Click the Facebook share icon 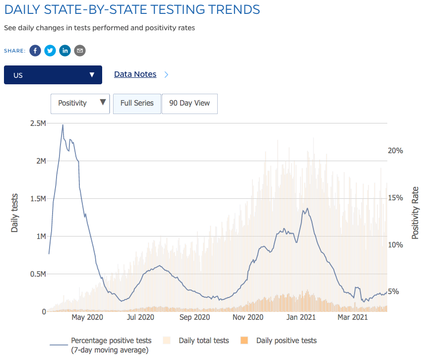pos(35,51)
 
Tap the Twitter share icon pos(50,51)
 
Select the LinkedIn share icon pos(65,51)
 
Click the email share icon pos(80,51)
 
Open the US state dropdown pos(53,75)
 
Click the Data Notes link pos(135,74)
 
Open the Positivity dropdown pos(80,104)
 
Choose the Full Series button pos(137,104)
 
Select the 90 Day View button pos(189,104)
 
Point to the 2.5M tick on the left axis pos(37,123)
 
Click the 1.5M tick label pos(37,199)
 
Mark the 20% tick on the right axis pos(395,151)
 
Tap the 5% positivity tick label pos(393,292)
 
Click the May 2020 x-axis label pos(87,318)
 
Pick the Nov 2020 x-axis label pos(247,318)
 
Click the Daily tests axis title pos(15,213)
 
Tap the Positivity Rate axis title pos(416,213)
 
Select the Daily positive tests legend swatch pos(244,341)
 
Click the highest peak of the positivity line pos(62,125)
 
